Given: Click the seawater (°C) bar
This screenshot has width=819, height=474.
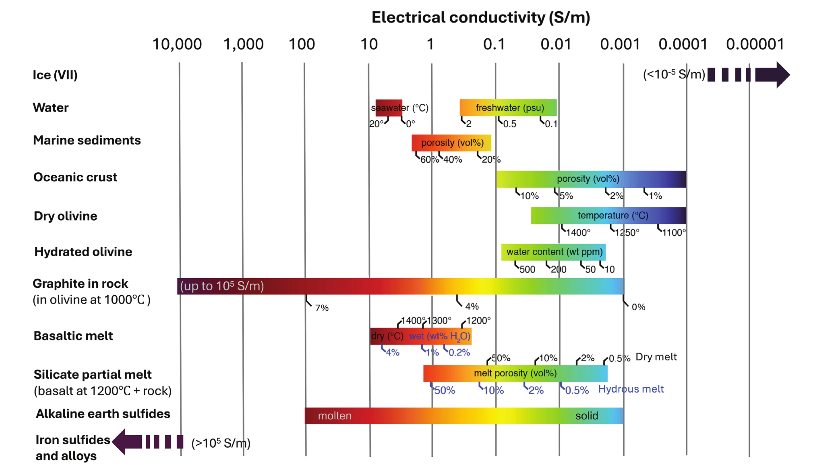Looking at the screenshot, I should [x=389, y=108].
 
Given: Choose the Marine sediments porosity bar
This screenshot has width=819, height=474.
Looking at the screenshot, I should [x=451, y=143].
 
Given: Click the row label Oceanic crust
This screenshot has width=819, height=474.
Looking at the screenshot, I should [x=75, y=177].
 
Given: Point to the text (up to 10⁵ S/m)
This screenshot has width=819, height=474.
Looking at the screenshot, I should [x=222, y=286].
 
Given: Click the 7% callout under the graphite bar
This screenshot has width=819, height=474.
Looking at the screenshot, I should [x=321, y=308].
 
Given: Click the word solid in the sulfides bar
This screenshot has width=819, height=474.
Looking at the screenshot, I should [x=586, y=416].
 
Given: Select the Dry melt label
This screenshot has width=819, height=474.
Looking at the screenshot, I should [x=656, y=357].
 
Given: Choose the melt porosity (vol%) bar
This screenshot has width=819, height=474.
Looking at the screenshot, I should [x=515, y=373].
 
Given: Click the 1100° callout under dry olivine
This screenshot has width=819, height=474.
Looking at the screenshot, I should [x=674, y=232].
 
